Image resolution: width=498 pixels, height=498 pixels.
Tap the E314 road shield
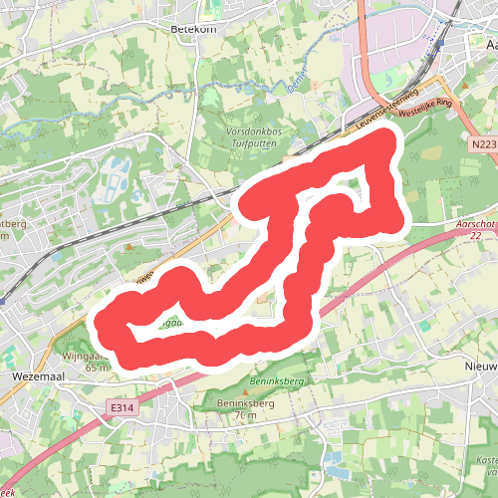click(x=123, y=407)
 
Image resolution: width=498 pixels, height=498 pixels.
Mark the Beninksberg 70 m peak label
click(x=244, y=408)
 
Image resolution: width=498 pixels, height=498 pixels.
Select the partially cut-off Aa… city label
click(x=486, y=46)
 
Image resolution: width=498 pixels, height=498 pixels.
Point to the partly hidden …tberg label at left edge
click(x=12, y=223)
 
